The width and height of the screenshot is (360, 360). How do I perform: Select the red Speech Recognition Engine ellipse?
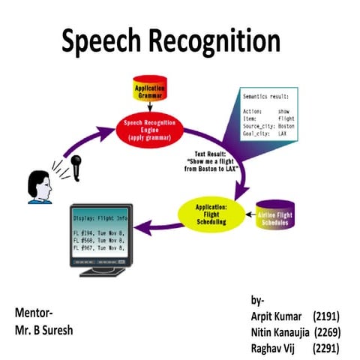pos(150,129)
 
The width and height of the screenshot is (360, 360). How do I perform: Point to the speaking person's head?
pos(38,187)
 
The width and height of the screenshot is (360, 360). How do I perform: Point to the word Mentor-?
pos(34,311)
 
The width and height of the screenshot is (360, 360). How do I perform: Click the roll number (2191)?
pos(327,316)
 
